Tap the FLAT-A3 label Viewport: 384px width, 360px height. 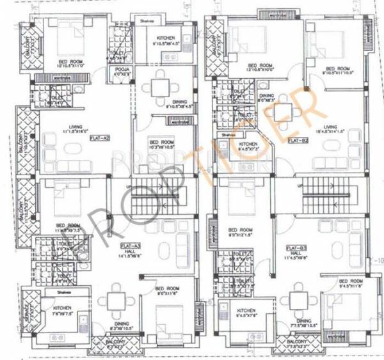(131, 245)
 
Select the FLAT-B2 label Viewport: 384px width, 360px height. (295, 138)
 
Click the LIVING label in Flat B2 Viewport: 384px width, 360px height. (330, 127)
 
